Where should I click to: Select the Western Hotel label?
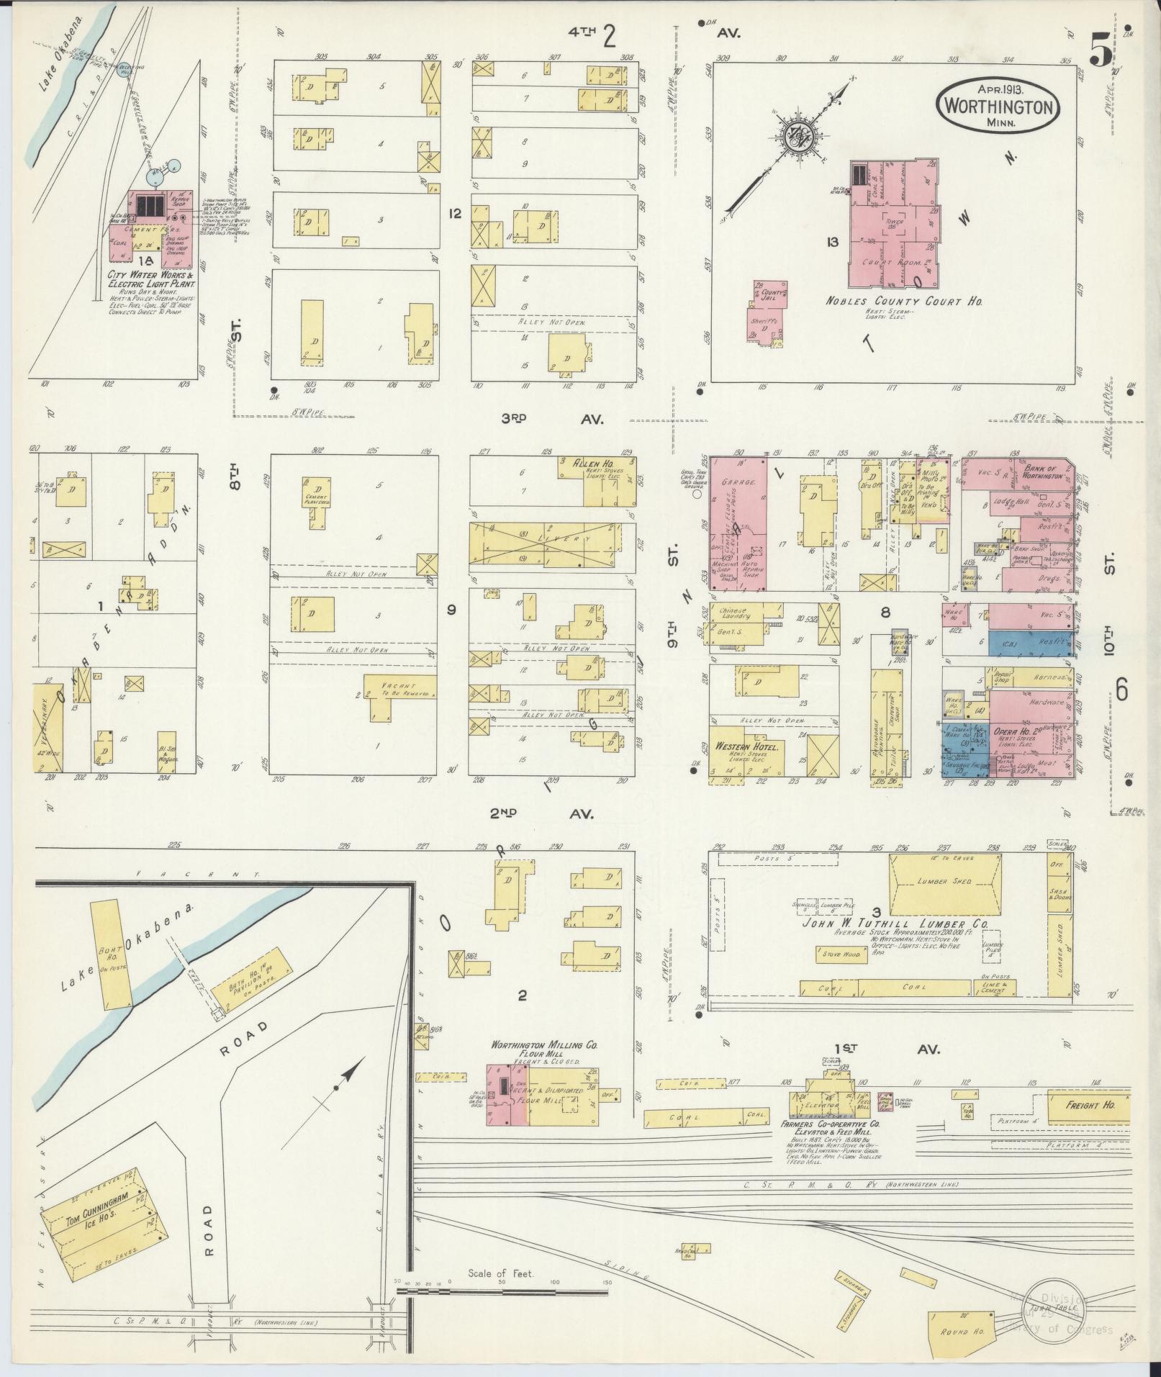pyautogui.click(x=749, y=747)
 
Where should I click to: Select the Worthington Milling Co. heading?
pyautogui.click(x=546, y=1045)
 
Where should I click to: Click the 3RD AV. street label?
pyautogui.click(x=553, y=418)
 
